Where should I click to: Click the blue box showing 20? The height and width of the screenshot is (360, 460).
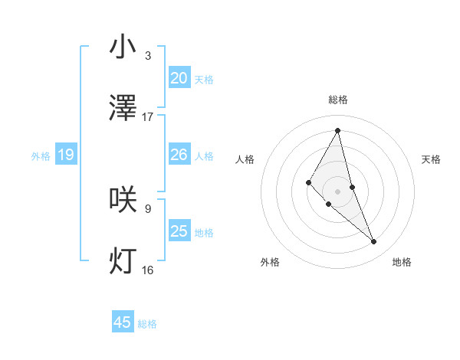pyautogui.click(x=179, y=78)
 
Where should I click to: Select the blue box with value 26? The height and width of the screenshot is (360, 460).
pyautogui.click(x=179, y=155)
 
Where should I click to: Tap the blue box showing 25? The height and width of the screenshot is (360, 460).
pyautogui.click(x=179, y=231)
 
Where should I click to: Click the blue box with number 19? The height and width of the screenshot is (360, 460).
pyautogui.click(x=66, y=155)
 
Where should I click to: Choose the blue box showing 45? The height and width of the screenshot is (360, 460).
pyautogui.click(x=123, y=322)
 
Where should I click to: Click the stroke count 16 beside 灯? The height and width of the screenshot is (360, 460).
pyautogui.click(x=148, y=270)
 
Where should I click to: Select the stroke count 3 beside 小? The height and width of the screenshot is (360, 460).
pyautogui.click(x=148, y=55)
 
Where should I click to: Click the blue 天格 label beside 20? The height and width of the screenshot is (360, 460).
pyautogui.click(x=204, y=79)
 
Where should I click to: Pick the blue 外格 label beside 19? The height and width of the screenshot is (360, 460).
pyautogui.click(x=41, y=156)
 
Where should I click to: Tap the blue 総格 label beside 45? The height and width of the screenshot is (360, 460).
pyautogui.click(x=147, y=323)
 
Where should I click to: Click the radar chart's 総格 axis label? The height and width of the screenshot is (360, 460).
pyautogui.click(x=338, y=100)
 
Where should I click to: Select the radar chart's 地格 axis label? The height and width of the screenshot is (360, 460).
pyautogui.click(x=402, y=262)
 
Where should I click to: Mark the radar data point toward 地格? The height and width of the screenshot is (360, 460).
pyautogui.click(x=374, y=242)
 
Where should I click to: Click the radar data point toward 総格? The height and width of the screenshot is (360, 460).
pyautogui.click(x=338, y=129)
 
